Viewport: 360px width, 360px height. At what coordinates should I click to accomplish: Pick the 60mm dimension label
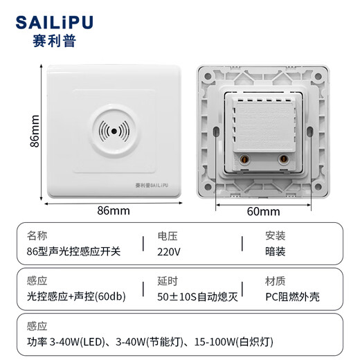pos(263,211)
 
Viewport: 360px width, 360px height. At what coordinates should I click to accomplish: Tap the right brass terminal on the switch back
pos(284,160)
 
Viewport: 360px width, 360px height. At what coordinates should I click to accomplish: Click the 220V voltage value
pos(169,251)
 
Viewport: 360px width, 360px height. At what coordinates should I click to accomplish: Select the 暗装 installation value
pos(276,251)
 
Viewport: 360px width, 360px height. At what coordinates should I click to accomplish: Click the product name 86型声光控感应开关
pos(73,251)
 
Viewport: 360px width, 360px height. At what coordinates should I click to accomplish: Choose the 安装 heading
pos(276,235)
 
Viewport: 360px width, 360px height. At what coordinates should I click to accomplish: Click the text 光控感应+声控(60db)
pos(76,297)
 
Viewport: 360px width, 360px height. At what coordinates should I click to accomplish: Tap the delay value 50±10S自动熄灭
pos(197,297)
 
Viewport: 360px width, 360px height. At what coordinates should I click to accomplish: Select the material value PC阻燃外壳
pos(296,297)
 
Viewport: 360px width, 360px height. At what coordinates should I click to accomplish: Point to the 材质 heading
pos(276,282)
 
